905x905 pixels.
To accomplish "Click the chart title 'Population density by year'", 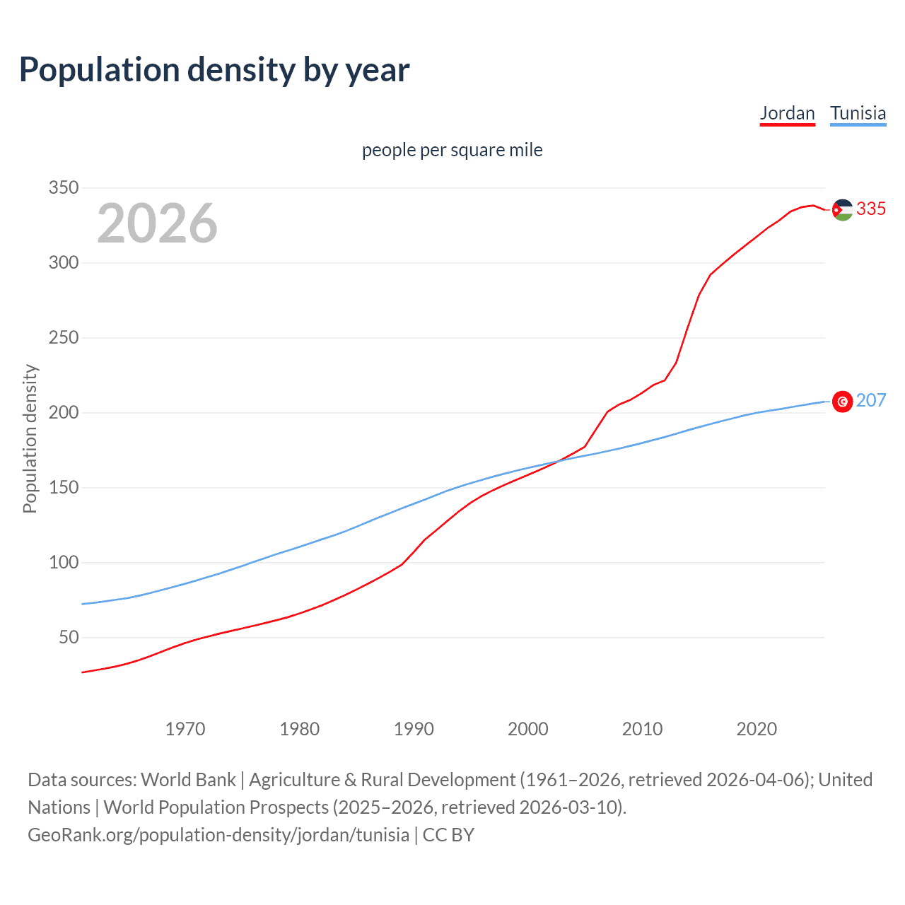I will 214,70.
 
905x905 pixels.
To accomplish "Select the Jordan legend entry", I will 787,113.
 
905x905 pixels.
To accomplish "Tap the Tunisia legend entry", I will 858,113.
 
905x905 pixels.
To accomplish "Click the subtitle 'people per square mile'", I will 452,151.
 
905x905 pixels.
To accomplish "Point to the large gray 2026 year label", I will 157,223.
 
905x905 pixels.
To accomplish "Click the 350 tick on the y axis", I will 63,188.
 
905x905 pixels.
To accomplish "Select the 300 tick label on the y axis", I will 63,263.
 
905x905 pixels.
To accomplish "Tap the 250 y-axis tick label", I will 63,338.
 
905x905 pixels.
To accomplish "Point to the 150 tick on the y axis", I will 63,488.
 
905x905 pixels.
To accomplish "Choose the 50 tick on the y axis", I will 68,638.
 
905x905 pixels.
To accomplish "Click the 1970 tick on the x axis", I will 185,729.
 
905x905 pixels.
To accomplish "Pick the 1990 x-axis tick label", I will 414,729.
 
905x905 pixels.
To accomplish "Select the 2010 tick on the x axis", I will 642,729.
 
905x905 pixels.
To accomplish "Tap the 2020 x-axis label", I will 757,729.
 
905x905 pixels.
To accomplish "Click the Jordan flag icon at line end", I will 842,210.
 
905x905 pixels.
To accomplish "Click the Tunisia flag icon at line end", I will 842,402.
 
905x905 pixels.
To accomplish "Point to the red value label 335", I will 871,209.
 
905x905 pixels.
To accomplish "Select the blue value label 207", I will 871,401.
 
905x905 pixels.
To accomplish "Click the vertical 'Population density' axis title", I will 30,438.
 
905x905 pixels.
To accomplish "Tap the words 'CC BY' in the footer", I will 448,835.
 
